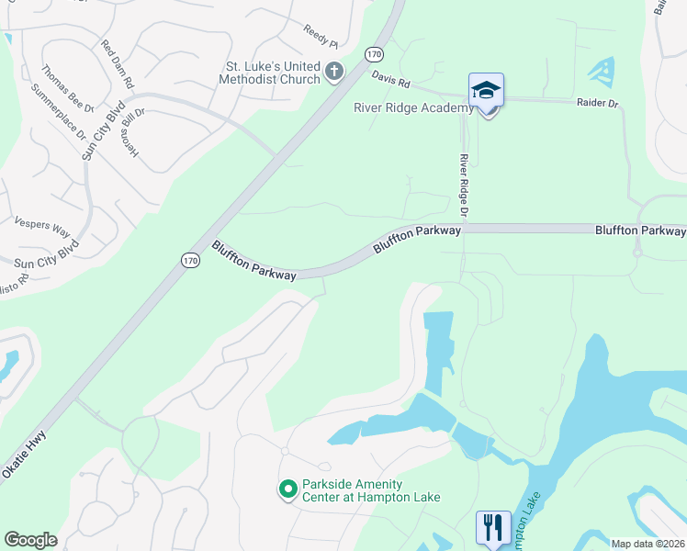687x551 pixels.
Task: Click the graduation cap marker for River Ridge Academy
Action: point(486,91)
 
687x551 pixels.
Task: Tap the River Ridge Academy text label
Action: point(413,107)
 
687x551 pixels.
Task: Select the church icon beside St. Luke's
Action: point(333,71)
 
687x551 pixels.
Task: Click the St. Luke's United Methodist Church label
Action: point(274,73)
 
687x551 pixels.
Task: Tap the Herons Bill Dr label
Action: point(136,133)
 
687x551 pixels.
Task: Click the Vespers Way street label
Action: point(42,226)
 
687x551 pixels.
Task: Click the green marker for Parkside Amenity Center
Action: point(288,489)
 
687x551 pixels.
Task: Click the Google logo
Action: point(30,540)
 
